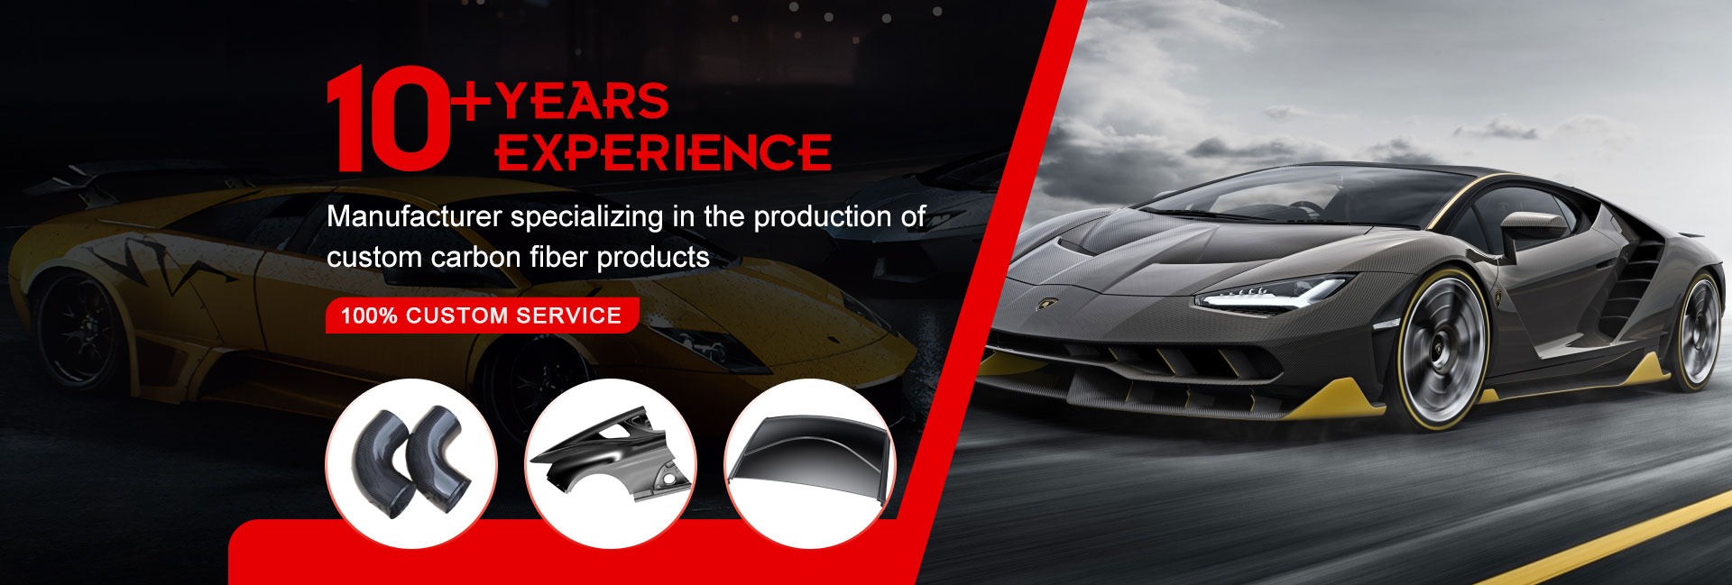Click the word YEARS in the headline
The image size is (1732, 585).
tap(582, 101)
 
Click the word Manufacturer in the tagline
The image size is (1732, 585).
tap(415, 216)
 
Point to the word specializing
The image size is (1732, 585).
tap(587, 218)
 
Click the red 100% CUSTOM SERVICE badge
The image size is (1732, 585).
tap(482, 315)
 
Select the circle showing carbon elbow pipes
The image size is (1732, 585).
tap(411, 463)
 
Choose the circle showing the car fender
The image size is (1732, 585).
tap(611, 463)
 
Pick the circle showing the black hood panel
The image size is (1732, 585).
tap(810, 463)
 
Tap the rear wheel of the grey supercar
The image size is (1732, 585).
tap(1695, 329)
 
